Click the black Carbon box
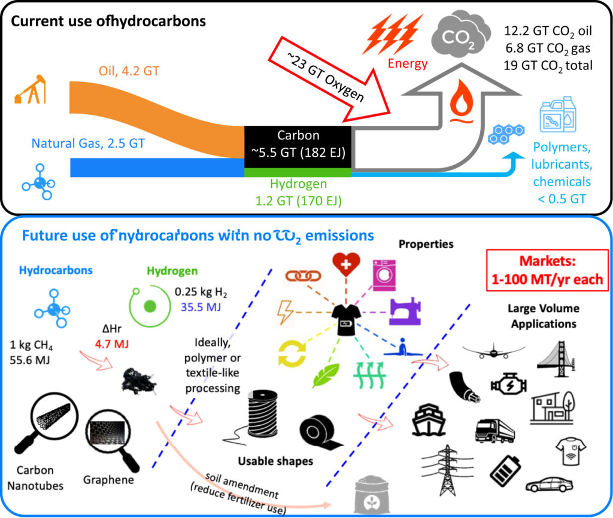298,146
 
